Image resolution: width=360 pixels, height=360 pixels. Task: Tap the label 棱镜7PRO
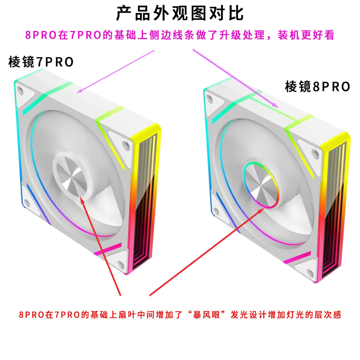[41, 62]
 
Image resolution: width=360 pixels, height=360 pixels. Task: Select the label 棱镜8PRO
[317, 87]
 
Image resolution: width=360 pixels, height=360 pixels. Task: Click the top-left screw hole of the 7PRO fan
[21, 90]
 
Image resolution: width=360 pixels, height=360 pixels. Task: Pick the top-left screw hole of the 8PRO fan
[210, 98]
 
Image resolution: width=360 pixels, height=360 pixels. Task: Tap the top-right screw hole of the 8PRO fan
[314, 153]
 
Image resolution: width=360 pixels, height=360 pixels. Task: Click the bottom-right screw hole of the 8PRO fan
[310, 274]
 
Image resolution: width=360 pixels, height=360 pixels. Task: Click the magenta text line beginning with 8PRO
[180, 35]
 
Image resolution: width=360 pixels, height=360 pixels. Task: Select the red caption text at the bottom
[180, 315]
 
